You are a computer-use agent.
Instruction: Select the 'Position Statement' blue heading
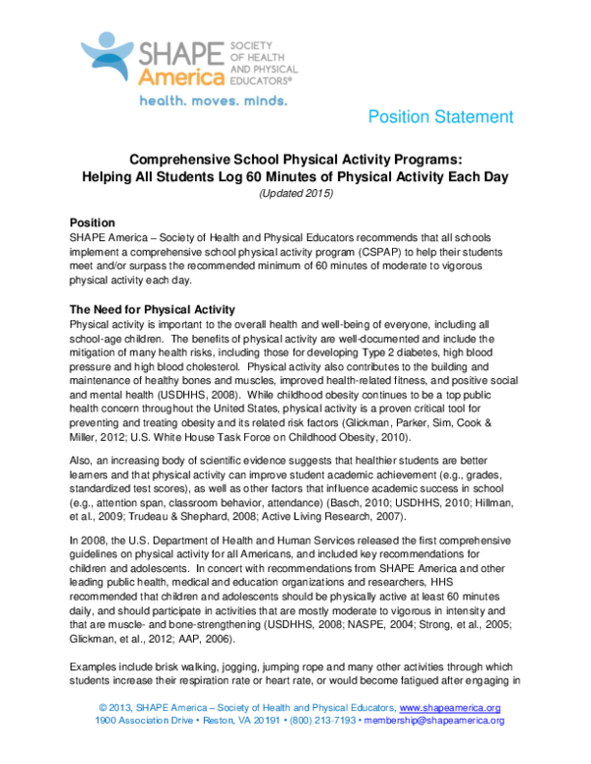[439, 117]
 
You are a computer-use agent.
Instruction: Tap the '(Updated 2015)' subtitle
[295, 193]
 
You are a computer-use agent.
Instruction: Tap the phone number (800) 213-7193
[317, 721]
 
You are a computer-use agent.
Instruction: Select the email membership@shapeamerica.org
[435, 721]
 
